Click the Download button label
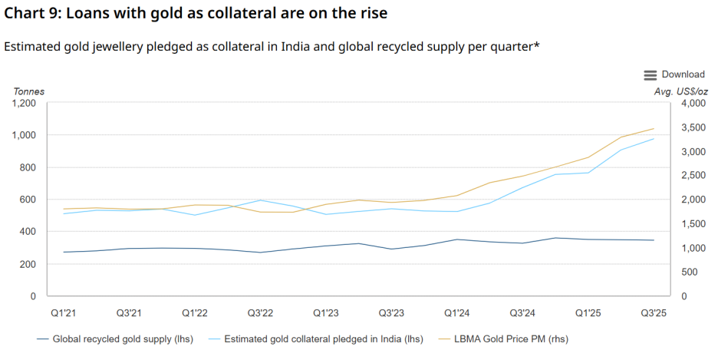coord(683,74)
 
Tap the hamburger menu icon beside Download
coord(650,74)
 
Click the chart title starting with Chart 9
coord(196,14)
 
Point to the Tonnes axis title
coord(29,91)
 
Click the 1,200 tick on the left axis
coord(23,103)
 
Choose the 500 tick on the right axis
coord(688,272)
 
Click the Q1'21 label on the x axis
coord(63,313)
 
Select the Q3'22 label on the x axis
coord(260,313)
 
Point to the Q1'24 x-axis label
coord(456,313)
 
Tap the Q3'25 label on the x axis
coord(654,313)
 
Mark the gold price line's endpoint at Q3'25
coord(654,128)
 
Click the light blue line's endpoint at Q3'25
coord(654,139)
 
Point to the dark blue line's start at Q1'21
coord(64,252)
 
